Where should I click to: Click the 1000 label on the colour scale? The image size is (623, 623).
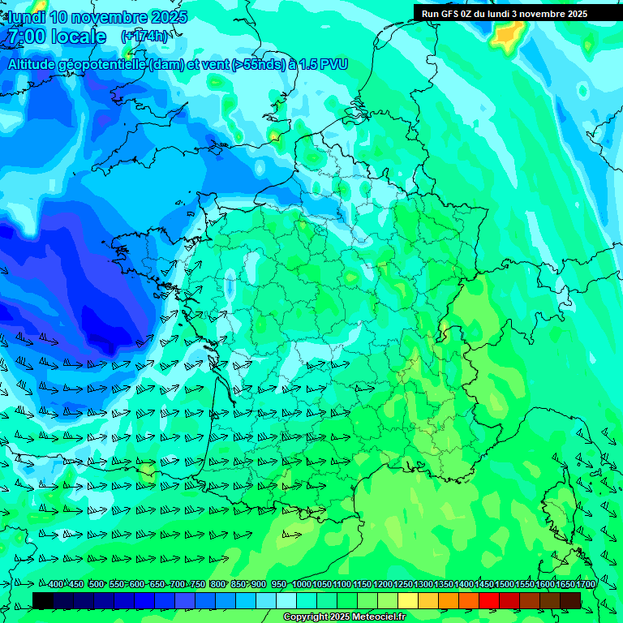pyautogui.click(x=302, y=585)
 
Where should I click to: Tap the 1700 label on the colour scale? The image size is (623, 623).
pyautogui.click(x=586, y=585)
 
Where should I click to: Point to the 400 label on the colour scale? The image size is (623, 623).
pyautogui.click(x=56, y=585)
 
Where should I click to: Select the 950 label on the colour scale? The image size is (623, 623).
pyautogui.click(x=279, y=585)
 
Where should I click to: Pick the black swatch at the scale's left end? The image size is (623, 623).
pyautogui.click(x=43, y=600)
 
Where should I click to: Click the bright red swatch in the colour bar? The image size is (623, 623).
pyautogui.click(x=489, y=600)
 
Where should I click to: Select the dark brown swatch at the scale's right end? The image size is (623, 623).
pyautogui.click(x=570, y=600)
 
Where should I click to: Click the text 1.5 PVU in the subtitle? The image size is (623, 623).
pyautogui.click(x=324, y=64)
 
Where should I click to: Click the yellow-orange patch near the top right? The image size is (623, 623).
pyautogui.click(x=509, y=35)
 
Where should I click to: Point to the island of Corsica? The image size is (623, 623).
pyautogui.click(x=557, y=503)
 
